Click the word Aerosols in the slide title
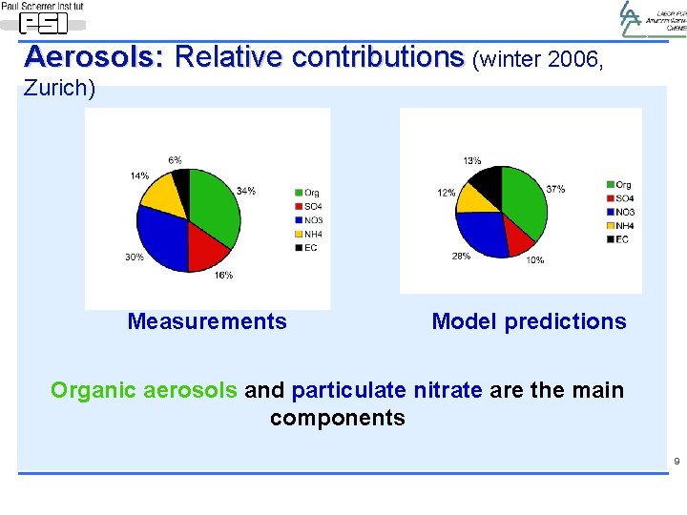click(94, 57)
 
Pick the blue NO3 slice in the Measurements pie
click(162, 234)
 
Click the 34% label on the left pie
click(245, 191)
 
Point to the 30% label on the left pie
click(134, 257)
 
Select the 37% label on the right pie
click(555, 189)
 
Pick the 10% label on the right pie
click(534, 260)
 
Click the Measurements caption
click(207, 321)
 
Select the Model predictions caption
click(529, 321)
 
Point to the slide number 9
click(677, 463)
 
